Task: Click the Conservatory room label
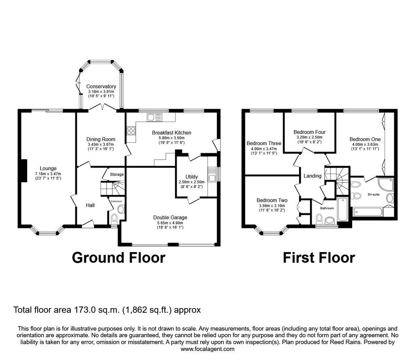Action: point(101,87)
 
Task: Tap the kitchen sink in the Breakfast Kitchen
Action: point(154,117)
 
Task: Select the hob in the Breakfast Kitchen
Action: point(131,131)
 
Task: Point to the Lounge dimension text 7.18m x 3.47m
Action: point(48,174)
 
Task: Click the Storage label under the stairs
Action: point(117,174)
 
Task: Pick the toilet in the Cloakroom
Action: point(114,219)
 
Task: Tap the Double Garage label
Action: point(170,218)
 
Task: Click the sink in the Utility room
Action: point(212,174)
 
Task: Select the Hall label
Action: point(90,206)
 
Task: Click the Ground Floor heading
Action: point(119,257)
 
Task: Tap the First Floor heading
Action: point(319,257)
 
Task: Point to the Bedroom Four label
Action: point(310,132)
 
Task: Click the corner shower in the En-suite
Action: point(386,185)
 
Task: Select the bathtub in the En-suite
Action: point(368,212)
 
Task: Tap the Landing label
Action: point(312,176)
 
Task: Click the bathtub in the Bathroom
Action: point(342,209)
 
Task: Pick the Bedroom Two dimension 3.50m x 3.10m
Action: point(272,206)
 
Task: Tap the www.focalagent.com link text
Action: point(207,349)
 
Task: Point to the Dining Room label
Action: point(101,139)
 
